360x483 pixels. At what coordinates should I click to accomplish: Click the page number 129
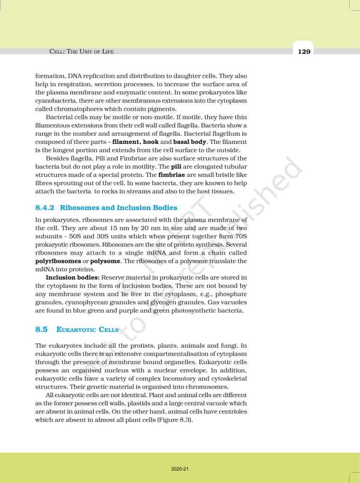[304, 52]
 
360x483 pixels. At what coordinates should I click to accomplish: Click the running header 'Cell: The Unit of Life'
[82, 51]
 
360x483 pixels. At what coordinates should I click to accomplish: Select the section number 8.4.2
[45, 208]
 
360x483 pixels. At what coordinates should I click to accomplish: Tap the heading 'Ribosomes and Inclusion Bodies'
[119, 208]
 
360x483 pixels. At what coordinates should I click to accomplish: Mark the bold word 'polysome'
[106, 261]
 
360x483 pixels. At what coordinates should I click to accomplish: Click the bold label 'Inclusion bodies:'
[73, 277]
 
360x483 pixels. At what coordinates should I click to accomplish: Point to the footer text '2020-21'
[180, 469]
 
